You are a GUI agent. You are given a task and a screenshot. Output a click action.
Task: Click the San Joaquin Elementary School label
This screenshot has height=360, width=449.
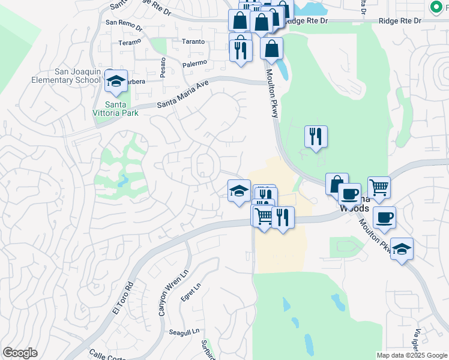[x=77, y=75]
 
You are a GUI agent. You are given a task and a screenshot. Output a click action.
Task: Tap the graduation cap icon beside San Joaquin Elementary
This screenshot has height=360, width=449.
[x=116, y=82]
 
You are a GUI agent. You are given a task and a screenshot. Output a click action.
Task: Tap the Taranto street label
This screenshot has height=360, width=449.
[x=193, y=42]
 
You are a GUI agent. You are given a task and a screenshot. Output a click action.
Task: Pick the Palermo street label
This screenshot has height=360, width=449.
[x=195, y=62]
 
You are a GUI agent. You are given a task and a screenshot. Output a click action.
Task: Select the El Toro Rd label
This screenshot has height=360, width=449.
[x=122, y=298]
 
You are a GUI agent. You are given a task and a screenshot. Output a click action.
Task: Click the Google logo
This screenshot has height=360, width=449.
[x=20, y=353]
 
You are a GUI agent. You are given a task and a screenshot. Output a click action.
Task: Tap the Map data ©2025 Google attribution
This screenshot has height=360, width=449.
[x=411, y=355]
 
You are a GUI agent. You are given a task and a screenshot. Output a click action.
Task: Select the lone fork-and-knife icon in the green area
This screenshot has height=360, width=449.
[x=316, y=137]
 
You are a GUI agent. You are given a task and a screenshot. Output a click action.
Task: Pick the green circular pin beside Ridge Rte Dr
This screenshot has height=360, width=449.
[x=436, y=7]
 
